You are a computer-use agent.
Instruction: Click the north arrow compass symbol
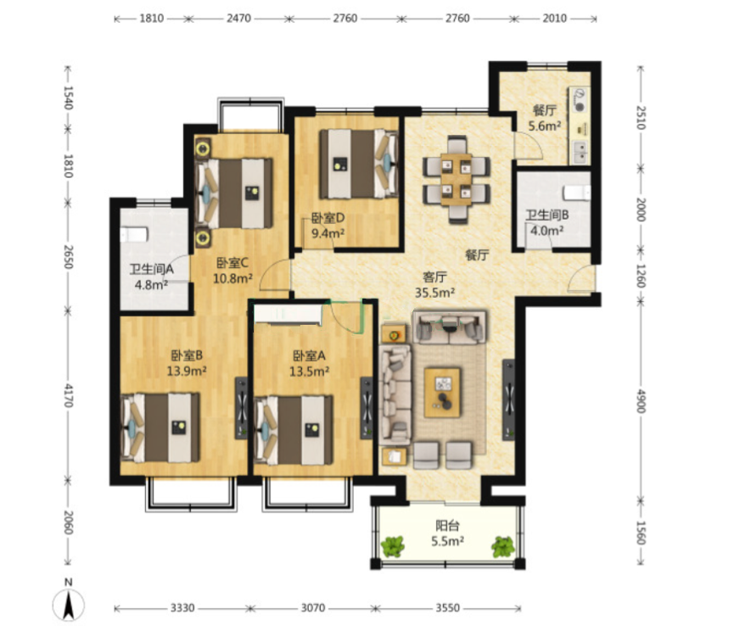[69, 604]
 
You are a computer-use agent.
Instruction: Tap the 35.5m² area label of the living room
[434, 293]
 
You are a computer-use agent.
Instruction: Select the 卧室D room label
[328, 218]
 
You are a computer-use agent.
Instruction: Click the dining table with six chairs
[457, 179]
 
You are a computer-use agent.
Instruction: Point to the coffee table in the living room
[442, 392]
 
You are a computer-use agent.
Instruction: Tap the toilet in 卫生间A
[134, 234]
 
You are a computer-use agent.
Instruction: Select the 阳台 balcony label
[447, 525]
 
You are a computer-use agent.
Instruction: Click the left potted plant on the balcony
[392, 546]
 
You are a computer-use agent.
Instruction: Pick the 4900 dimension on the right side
[641, 401]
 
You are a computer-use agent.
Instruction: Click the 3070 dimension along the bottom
[313, 607]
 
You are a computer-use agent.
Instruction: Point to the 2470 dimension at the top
[238, 19]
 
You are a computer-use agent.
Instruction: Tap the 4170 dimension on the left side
[69, 395]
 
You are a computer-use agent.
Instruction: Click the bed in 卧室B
[160, 428]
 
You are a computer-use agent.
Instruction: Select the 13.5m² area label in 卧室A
[309, 372]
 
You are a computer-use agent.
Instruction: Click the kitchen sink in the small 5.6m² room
[580, 152]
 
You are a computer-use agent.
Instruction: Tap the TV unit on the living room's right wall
[509, 400]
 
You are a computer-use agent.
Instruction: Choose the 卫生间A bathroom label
[152, 269]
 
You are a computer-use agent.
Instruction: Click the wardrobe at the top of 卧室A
[288, 314]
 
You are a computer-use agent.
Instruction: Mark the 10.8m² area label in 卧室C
[233, 279]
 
